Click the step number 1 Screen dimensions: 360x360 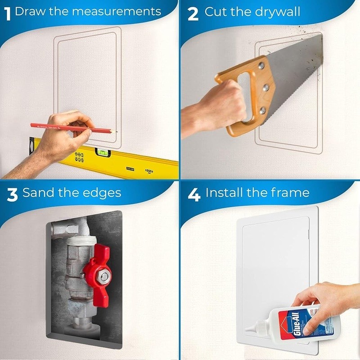point(8,13)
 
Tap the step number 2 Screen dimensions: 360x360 point(193,13)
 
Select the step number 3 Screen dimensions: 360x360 point(12,194)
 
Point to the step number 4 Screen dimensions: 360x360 point(194,194)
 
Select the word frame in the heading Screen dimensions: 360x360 point(290,193)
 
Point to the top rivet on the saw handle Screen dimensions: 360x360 point(261,66)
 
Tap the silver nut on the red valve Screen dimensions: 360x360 point(104,276)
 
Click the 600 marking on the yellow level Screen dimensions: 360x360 point(148,171)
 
